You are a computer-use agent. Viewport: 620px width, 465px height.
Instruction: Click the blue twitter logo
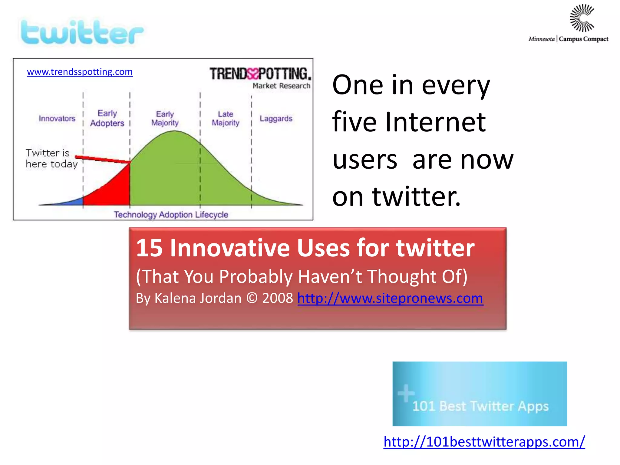[82, 33]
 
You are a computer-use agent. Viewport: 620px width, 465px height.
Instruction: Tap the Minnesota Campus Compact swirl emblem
[582, 18]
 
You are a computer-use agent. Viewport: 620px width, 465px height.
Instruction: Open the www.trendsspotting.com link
[80, 72]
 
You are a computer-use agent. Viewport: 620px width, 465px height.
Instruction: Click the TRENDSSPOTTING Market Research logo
[260, 77]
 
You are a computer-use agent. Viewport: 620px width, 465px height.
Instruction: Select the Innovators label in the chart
[57, 118]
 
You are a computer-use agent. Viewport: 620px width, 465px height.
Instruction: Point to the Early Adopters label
[107, 118]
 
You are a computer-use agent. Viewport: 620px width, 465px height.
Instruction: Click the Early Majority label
[165, 118]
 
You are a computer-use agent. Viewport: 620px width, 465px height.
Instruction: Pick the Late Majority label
[226, 118]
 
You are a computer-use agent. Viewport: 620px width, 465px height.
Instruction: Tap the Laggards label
[276, 118]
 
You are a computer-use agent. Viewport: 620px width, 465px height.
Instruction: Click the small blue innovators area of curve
[76, 202]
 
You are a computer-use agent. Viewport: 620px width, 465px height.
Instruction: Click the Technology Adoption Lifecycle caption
[171, 215]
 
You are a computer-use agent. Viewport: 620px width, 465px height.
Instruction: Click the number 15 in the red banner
[149, 248]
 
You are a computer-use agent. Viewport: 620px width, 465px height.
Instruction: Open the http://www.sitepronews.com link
[390, 298]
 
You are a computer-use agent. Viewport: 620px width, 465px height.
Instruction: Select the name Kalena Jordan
[198, 298]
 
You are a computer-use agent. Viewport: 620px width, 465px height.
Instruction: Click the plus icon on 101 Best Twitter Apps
[406, 393]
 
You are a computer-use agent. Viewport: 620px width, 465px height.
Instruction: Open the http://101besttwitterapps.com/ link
[484, 442]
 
